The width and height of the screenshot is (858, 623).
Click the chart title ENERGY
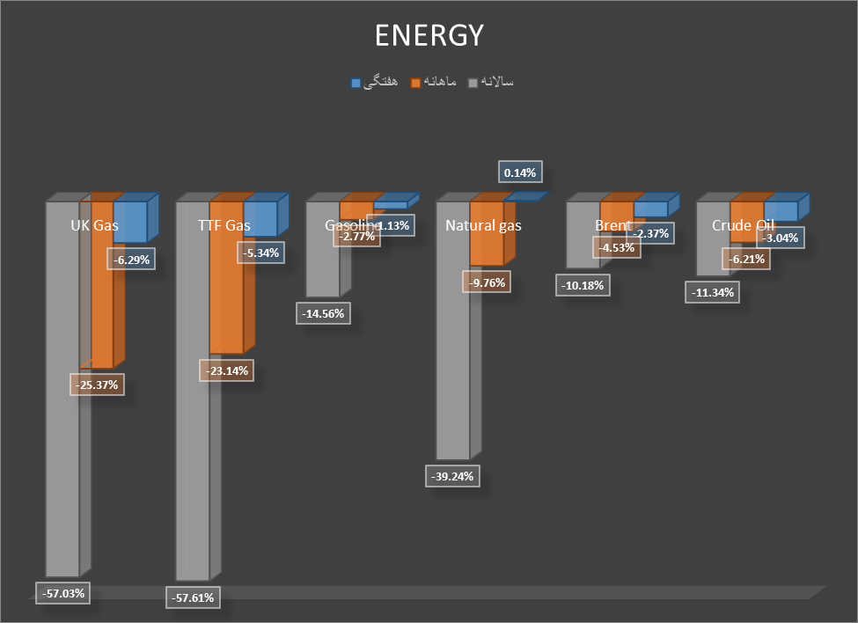coord(429,35)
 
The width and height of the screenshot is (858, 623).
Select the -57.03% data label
coord(63,593)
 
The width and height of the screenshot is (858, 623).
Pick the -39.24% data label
coord(454,476)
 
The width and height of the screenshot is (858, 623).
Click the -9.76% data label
coord(488,282)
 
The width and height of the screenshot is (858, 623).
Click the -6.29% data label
coord(131,259)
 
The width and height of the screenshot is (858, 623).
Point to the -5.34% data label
coord(261,253)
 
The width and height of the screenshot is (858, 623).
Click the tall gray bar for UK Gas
coord(62,396)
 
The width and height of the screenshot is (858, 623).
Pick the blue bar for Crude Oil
coord(781,210)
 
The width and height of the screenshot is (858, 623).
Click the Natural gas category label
coord(483,225)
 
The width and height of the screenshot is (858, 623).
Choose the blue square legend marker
coord(356,83)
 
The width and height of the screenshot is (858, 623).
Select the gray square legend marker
coord(473,83)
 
